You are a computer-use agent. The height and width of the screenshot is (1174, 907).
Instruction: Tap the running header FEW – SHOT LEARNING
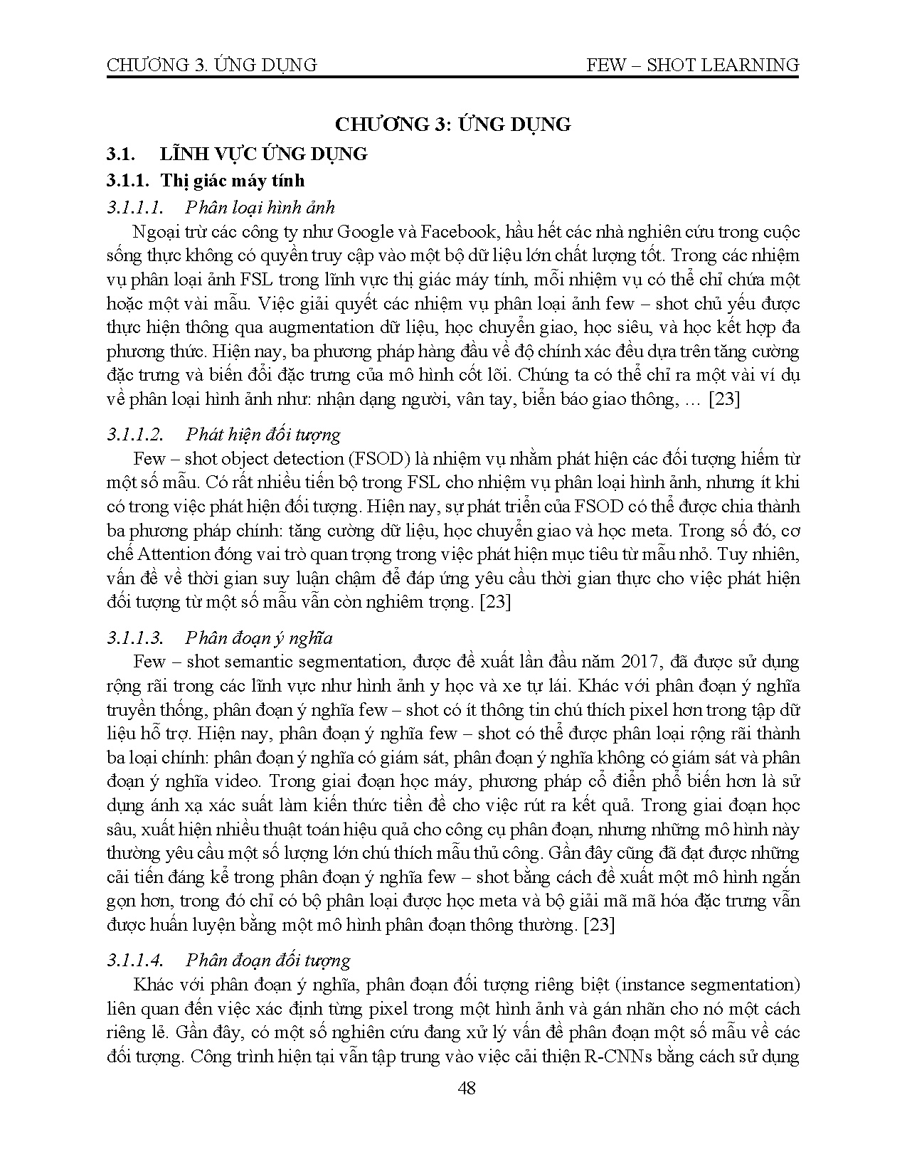click(x=693, y=65)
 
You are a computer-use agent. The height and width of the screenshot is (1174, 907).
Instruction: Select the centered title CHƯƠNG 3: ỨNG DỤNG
click(x=453, y=125)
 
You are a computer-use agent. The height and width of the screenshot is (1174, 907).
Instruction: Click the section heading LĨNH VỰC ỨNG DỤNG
click(x=263, y=154)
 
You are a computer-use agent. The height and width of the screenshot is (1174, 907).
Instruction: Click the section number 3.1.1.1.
click(x=135, y=207)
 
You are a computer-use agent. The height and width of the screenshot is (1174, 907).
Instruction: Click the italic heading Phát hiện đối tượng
click(x=262, y=434)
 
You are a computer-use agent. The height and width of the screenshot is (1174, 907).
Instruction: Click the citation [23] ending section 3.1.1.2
click(x=496, y=602)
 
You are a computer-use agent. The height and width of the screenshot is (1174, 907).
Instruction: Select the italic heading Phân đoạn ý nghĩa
click(x=258, y=638)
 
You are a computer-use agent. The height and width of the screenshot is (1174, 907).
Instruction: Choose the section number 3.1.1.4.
click(x=135, y=961)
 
